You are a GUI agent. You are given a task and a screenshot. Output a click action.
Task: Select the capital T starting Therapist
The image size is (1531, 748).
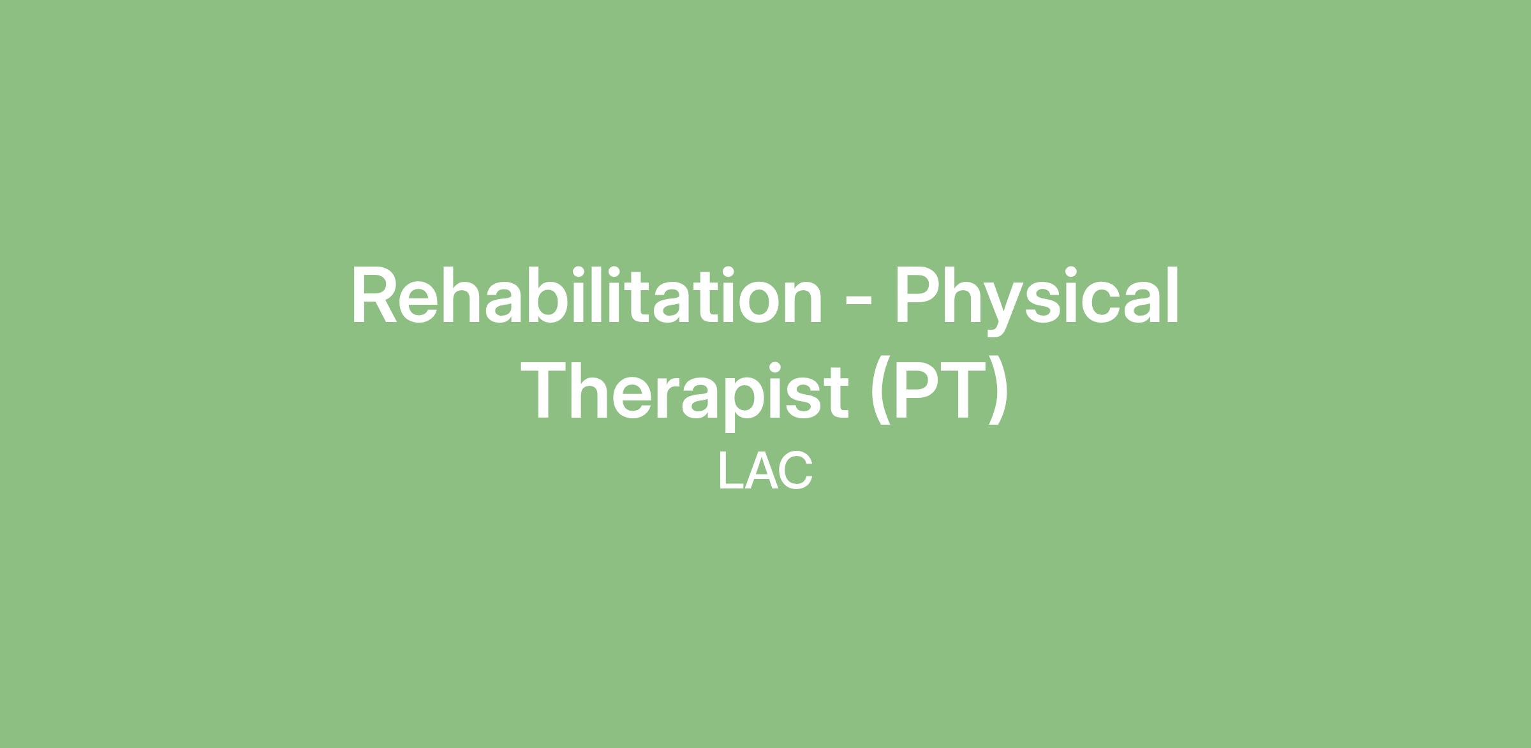click(552, 390)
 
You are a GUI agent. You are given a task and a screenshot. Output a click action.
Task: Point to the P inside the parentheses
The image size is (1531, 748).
click(919, 390)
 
